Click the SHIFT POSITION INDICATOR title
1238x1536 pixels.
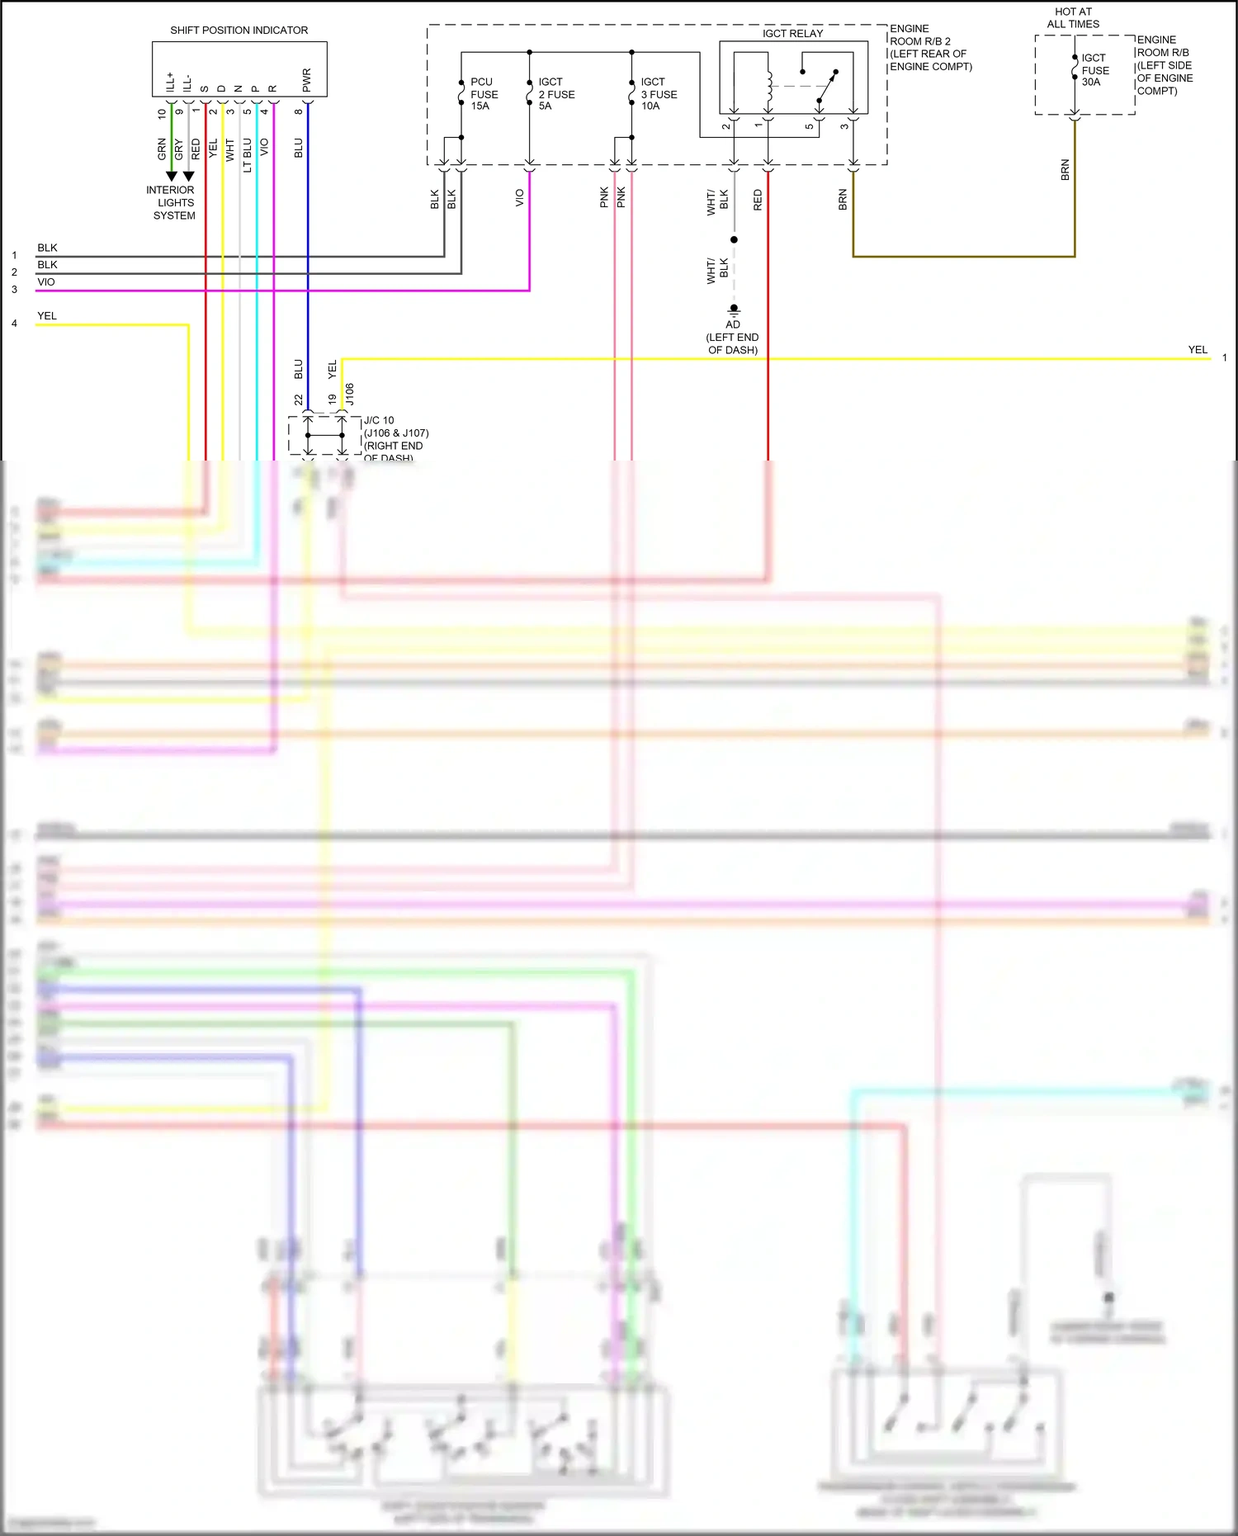239,31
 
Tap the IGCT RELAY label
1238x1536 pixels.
792,34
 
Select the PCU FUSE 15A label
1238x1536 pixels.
484,94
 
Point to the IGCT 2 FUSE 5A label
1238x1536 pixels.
556,94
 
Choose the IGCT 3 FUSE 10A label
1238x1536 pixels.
659,94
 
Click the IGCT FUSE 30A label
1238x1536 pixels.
1095,70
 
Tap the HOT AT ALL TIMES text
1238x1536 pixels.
1073,18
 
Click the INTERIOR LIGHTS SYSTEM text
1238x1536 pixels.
171,202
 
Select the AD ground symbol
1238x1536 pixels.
734,310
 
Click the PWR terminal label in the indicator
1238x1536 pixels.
307,80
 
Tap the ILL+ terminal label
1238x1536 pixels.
171,82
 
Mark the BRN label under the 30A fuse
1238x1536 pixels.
1066,170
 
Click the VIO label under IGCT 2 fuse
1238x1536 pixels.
520,198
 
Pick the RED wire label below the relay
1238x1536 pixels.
758,200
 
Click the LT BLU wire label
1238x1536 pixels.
248,155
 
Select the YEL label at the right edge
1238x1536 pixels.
1198,350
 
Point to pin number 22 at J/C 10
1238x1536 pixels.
299,399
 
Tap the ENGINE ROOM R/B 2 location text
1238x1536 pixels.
930,47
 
